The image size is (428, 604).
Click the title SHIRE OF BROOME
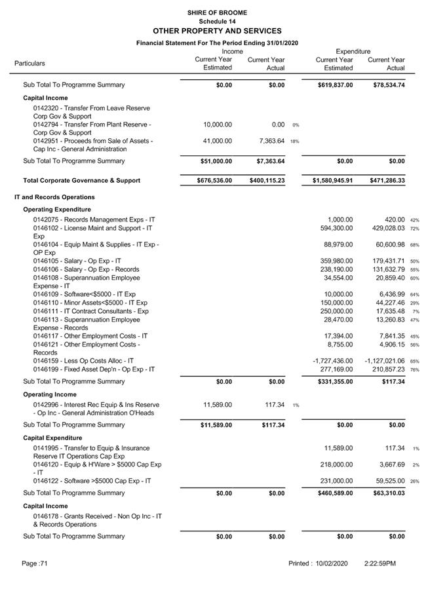tap(216, 12)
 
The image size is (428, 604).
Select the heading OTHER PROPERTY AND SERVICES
tap(216, 31)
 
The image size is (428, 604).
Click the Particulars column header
tap(30, 64)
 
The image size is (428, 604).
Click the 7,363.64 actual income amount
tap(271, 141)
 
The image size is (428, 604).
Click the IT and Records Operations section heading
tap(54, 197)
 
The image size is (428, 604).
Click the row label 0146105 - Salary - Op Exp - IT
tap(77, 261)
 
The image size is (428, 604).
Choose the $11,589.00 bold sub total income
tap(216, 425)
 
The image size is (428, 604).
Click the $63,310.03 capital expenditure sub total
tap(387, 493)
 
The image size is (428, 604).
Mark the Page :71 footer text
tap(35, 563)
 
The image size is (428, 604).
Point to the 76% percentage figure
tap(415, 370)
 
